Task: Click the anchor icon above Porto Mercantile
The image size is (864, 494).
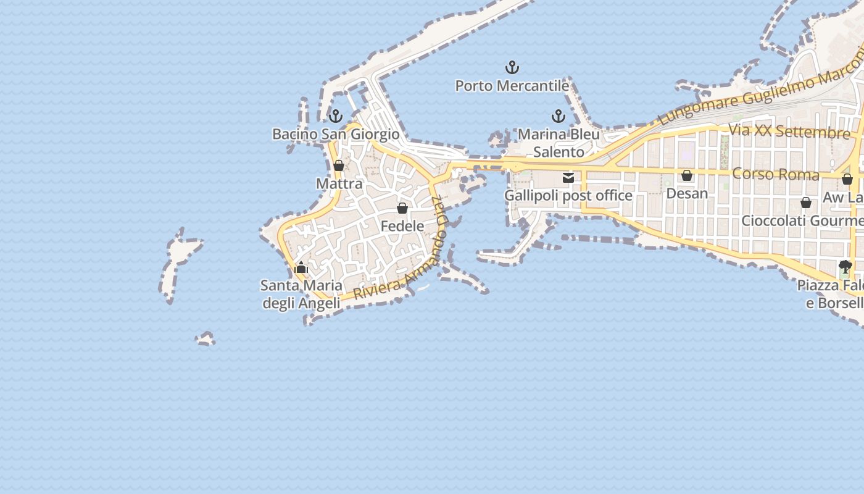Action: click(512, 67)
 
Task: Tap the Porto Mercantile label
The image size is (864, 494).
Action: click(512, 86)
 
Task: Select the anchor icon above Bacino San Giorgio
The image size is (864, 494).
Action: click(336, 115)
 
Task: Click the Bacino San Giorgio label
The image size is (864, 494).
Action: click(336, 134)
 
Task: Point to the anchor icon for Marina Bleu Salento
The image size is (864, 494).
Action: click(558, 116)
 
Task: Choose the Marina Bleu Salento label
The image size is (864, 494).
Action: click(559, 143)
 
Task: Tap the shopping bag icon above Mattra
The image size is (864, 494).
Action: click(339, 165)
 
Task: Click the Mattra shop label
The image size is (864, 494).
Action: click(339, 183)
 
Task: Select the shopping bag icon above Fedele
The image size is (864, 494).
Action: click(402, 208)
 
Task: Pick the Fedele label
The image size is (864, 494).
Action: click(402, 226)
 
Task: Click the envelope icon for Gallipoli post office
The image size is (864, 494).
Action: click(568, 178)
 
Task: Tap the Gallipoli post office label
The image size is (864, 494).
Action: click(568, 196)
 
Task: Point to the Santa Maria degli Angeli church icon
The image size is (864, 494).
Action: click(301, 267)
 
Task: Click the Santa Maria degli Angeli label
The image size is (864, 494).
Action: click(301, 294)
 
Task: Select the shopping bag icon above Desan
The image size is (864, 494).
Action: click(687, 176)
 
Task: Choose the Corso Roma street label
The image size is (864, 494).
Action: click(776, 174)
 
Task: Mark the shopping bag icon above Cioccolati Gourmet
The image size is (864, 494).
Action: click(806, 203)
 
